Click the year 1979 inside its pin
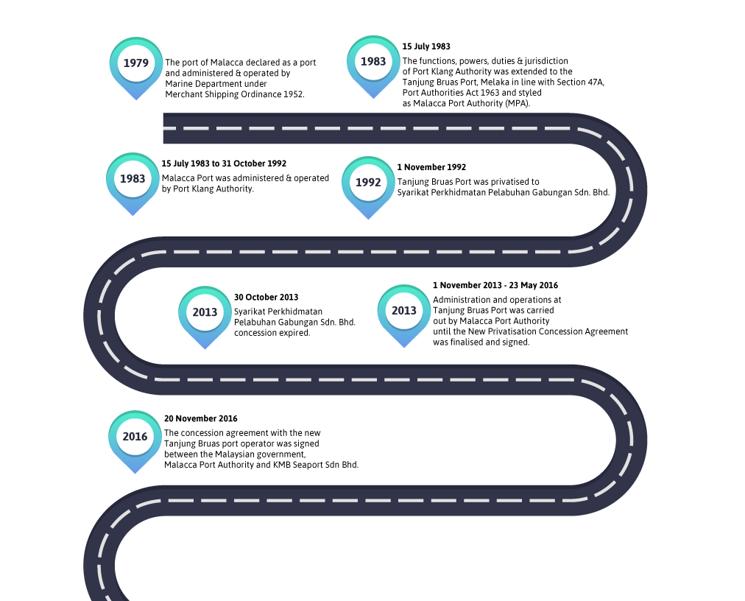click(x=136, y=63)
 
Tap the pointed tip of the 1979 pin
click(x=136, y=100)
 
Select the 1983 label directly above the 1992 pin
click(x=373, y=62)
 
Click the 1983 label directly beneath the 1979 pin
click(x=133, y=179)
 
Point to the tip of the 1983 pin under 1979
click(x=133, y=215)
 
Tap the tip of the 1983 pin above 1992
click(x=373, y=98)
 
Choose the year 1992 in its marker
click(x=368, y=183)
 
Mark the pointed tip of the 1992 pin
click(x=368, y=219)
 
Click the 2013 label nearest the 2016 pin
click(x=205, y=312)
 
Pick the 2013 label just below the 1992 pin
click(x=404, y=311)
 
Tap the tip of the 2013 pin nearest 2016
click(x=205, y=348)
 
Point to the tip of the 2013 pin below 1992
click(x=404, y=347)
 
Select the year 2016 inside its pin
click(x=135, y=437)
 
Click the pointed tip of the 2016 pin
click(x=135, y=473)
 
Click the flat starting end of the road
click(x=165, y=128)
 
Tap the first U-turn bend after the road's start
click(x=630, y=190)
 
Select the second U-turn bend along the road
click(x=100, y=315)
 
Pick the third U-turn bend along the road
click(x=630, y=440)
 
